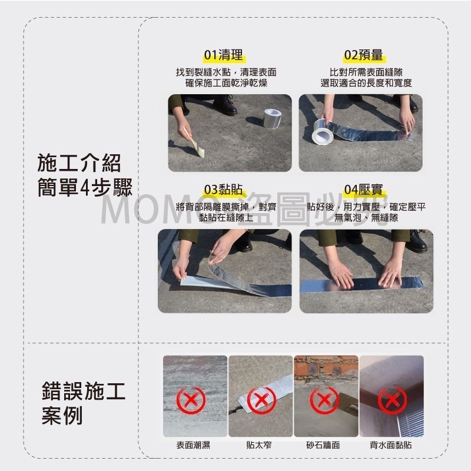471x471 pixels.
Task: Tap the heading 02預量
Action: point(363,56)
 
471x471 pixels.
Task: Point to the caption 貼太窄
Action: point(259,445)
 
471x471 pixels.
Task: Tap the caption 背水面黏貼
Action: point(391,445)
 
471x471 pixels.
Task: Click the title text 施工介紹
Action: point(79,163)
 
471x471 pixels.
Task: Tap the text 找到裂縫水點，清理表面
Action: point(227,72)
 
